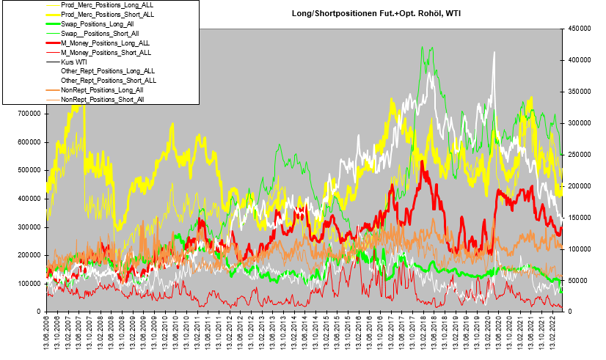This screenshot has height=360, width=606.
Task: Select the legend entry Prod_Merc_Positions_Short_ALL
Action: [x=108, y=14]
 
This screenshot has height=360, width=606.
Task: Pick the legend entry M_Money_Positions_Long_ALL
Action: [x=106, y=43]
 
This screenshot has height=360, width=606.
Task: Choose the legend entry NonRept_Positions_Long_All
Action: [x=102, y=90]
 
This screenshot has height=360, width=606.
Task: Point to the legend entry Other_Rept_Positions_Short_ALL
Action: [x=109, y=81]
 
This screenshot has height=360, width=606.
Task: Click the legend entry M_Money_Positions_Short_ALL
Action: [x=106, y=53]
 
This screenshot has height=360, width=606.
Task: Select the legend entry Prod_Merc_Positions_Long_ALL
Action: [x=107, y=5]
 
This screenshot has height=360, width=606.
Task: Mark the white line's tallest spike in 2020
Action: [x=494, y=52]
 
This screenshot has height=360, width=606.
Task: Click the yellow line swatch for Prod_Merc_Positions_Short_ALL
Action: [x=49, y=14]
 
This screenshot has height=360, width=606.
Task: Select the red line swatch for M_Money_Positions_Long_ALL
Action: [x=49, y=43]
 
